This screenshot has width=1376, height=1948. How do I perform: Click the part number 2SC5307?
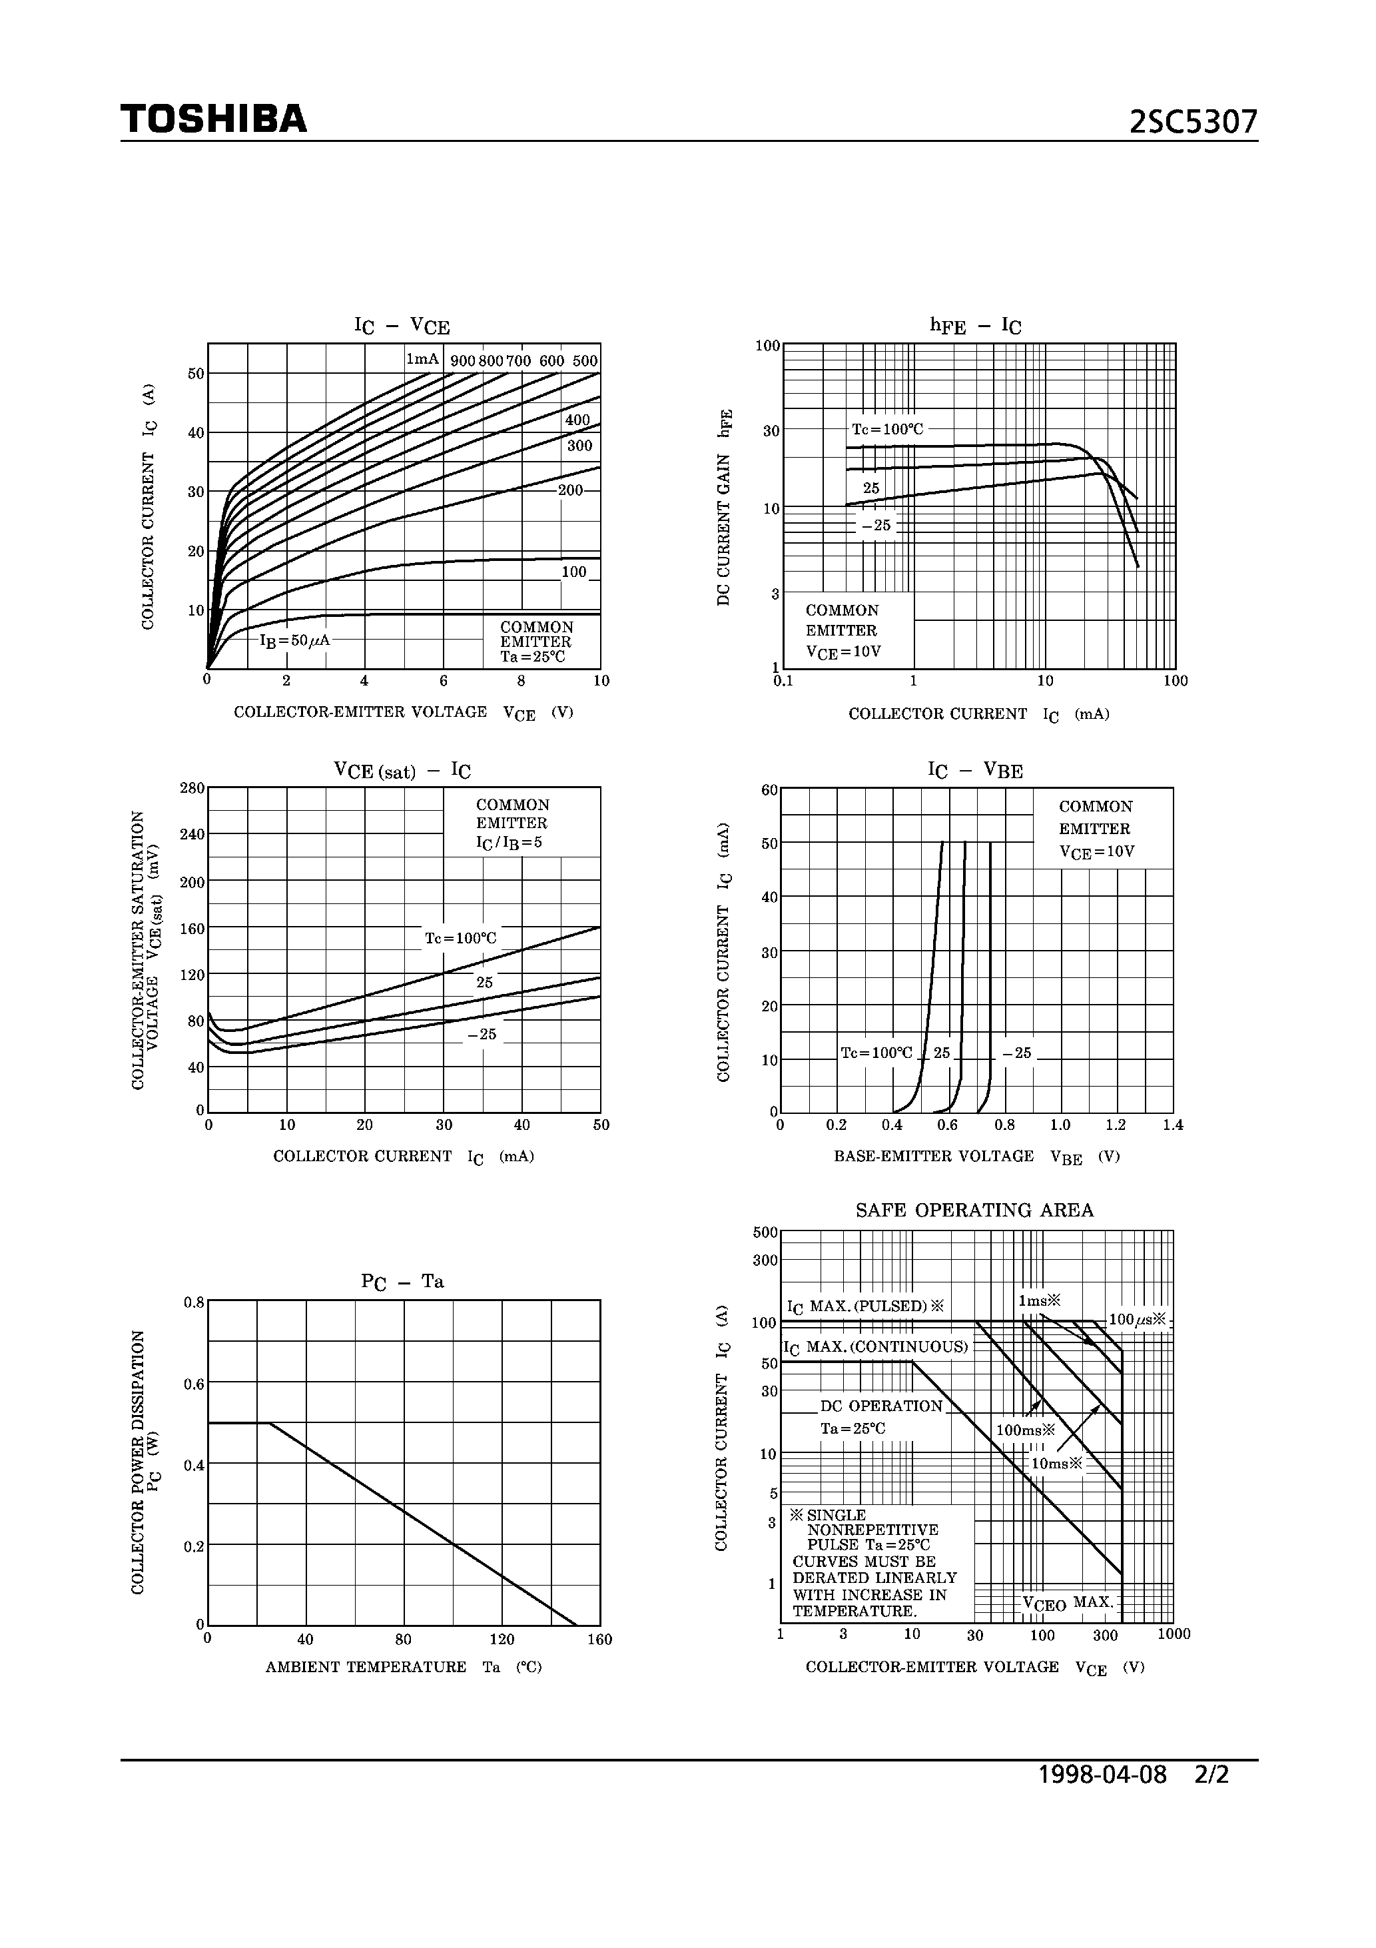click(1194, 122)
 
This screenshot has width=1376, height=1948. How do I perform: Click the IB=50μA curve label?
click(294, 641)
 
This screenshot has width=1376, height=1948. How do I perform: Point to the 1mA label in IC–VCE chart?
click(422, 359)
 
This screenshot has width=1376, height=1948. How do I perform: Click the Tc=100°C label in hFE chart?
click(887, 429)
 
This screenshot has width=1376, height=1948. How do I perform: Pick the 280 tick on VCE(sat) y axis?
click(192, 788)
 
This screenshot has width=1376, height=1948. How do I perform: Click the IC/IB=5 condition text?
click(509, 843)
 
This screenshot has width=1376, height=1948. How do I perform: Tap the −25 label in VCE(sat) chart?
click(482, 1034)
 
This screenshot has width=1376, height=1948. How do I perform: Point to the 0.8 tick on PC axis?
click(194, 1302)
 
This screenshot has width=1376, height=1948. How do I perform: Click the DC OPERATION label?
click(881, 1406)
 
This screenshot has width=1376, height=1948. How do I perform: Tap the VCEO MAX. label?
click(1068, 1603)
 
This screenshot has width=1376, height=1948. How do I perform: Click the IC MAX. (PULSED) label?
click(865, 1306)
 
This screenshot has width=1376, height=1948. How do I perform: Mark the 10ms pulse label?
click(1057, 1464)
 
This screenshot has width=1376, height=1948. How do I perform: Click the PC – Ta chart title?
click(403, 1282)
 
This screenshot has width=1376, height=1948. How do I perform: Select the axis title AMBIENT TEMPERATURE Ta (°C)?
click(404, 1667)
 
